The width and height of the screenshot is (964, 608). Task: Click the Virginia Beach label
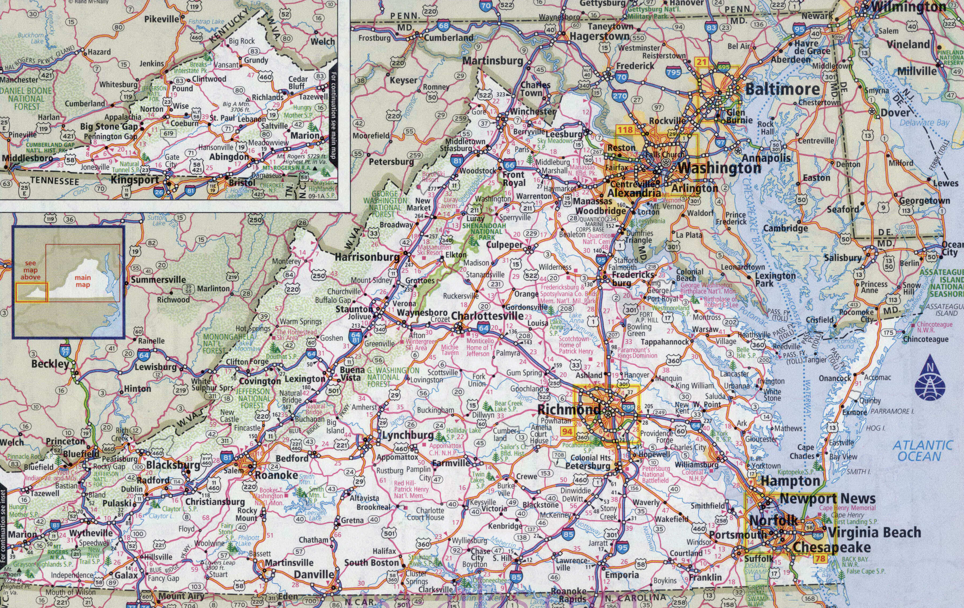tap(874, 532)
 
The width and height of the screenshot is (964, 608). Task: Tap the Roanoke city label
tap(276, 475)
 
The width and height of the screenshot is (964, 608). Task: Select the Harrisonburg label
tap(367, 257)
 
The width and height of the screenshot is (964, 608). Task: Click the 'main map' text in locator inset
tap(83, 281)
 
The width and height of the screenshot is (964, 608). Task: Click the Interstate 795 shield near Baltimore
tap(673, 72)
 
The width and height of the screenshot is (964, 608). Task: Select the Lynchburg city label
tap(407, 435)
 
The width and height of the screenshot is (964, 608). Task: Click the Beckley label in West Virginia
tap(50, 364)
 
